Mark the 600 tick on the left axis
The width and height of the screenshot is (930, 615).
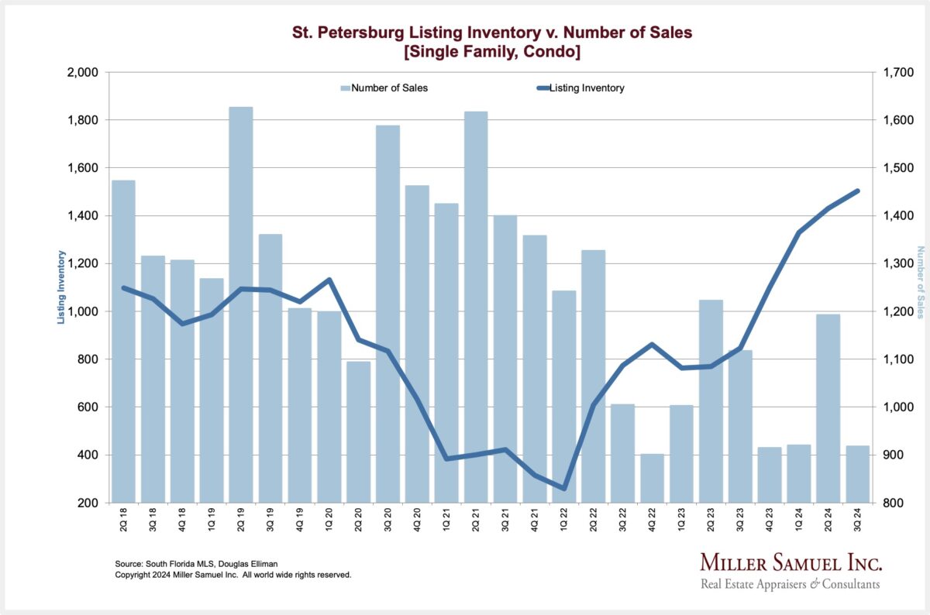tap(88, 407)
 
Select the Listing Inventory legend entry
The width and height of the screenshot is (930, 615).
tap(586, 88)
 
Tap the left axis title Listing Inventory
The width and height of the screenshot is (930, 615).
tap(61, 287)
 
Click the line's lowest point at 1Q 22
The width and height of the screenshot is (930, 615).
tap(564, 488)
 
